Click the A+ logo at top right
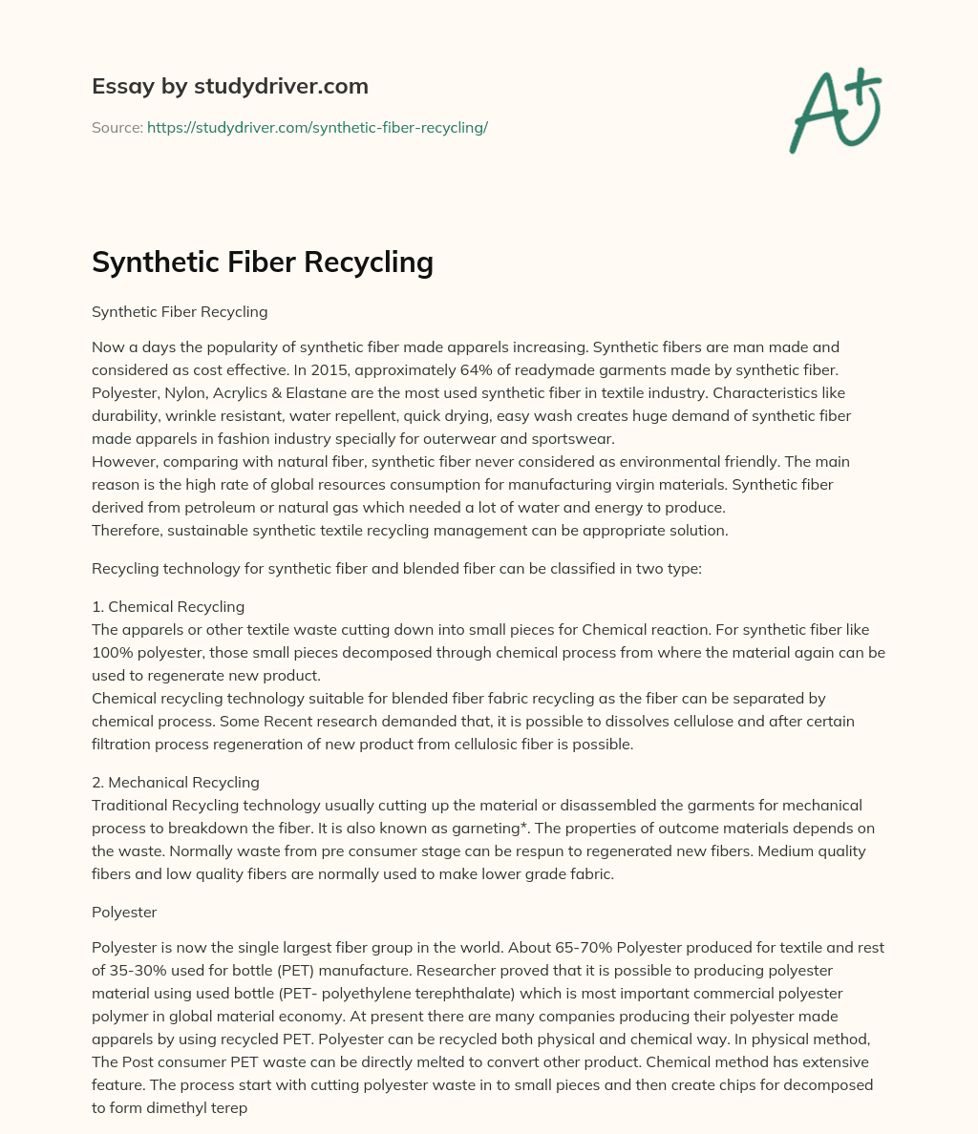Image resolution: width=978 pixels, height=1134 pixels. click(835, 110)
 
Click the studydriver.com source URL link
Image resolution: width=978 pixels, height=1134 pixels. click(317, 127)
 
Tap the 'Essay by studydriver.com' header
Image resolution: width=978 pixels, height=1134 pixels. click(230, 86)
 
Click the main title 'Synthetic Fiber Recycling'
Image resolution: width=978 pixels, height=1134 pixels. click(263, 261)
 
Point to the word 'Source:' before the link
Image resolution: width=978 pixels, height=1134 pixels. click(117, 127)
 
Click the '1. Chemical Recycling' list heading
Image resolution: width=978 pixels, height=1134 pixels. click(168, 606)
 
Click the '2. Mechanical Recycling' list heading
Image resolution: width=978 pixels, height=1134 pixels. click(176, 782)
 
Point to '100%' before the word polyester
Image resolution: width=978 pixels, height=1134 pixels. click(111, 652)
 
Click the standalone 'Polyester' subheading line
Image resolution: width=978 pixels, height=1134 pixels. click(124, 912)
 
